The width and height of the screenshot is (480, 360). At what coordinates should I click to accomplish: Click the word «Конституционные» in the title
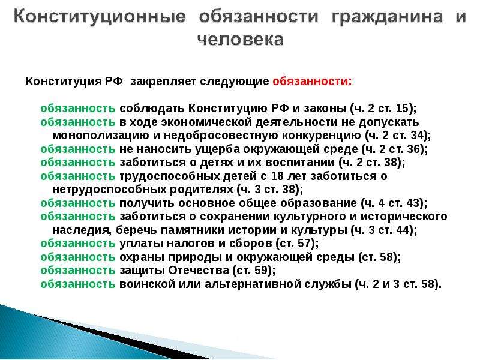[x=100, y=17]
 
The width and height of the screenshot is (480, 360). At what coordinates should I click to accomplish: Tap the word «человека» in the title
[x=241, y=40]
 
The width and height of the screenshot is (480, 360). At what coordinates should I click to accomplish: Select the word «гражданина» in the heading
[x=387, y=17]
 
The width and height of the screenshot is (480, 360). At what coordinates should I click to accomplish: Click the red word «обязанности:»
[x=312, y=82]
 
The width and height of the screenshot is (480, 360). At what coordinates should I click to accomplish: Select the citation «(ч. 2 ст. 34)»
[x=396, y=136]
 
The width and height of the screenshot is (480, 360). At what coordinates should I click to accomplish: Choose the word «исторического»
[x=403, y=217]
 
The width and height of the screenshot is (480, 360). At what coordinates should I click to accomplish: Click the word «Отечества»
[x=199, y=271]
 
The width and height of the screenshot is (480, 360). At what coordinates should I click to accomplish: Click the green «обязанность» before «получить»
[x=78, y=203]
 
